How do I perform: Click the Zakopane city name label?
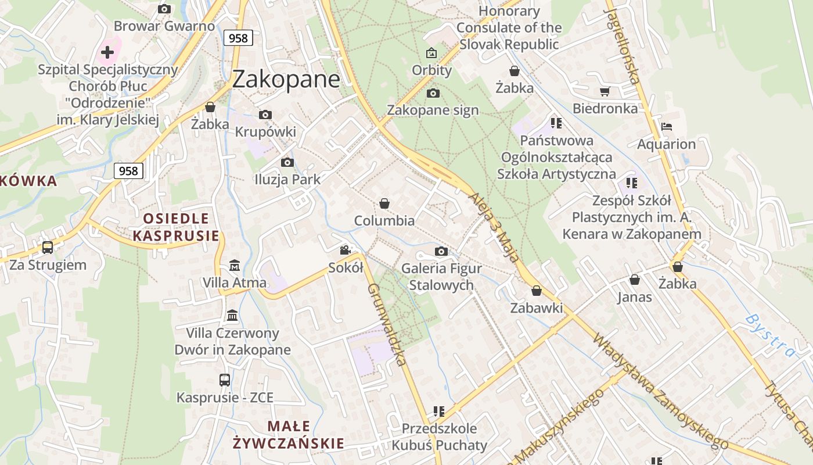point(286,80)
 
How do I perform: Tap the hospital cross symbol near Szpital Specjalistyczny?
point(107,52)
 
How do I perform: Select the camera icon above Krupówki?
point(265,115)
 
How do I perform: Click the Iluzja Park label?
point(287,180)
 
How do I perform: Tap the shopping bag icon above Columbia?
point(384,203)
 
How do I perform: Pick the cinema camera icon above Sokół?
point(346,251)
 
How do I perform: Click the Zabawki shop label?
point(537,308)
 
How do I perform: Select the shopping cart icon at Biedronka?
point(605,91)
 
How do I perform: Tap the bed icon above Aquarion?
point(667,127)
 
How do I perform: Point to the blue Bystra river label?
point(770,336)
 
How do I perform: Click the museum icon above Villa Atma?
point(235,266)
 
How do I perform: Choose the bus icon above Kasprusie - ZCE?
point(225,380)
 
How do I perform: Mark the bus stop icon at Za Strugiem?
point(48,248)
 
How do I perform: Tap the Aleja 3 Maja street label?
point(493,226)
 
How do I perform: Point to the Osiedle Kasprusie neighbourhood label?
point(177,227)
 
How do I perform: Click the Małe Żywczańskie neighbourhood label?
point(289,435)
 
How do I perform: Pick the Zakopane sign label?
point(433,110)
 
